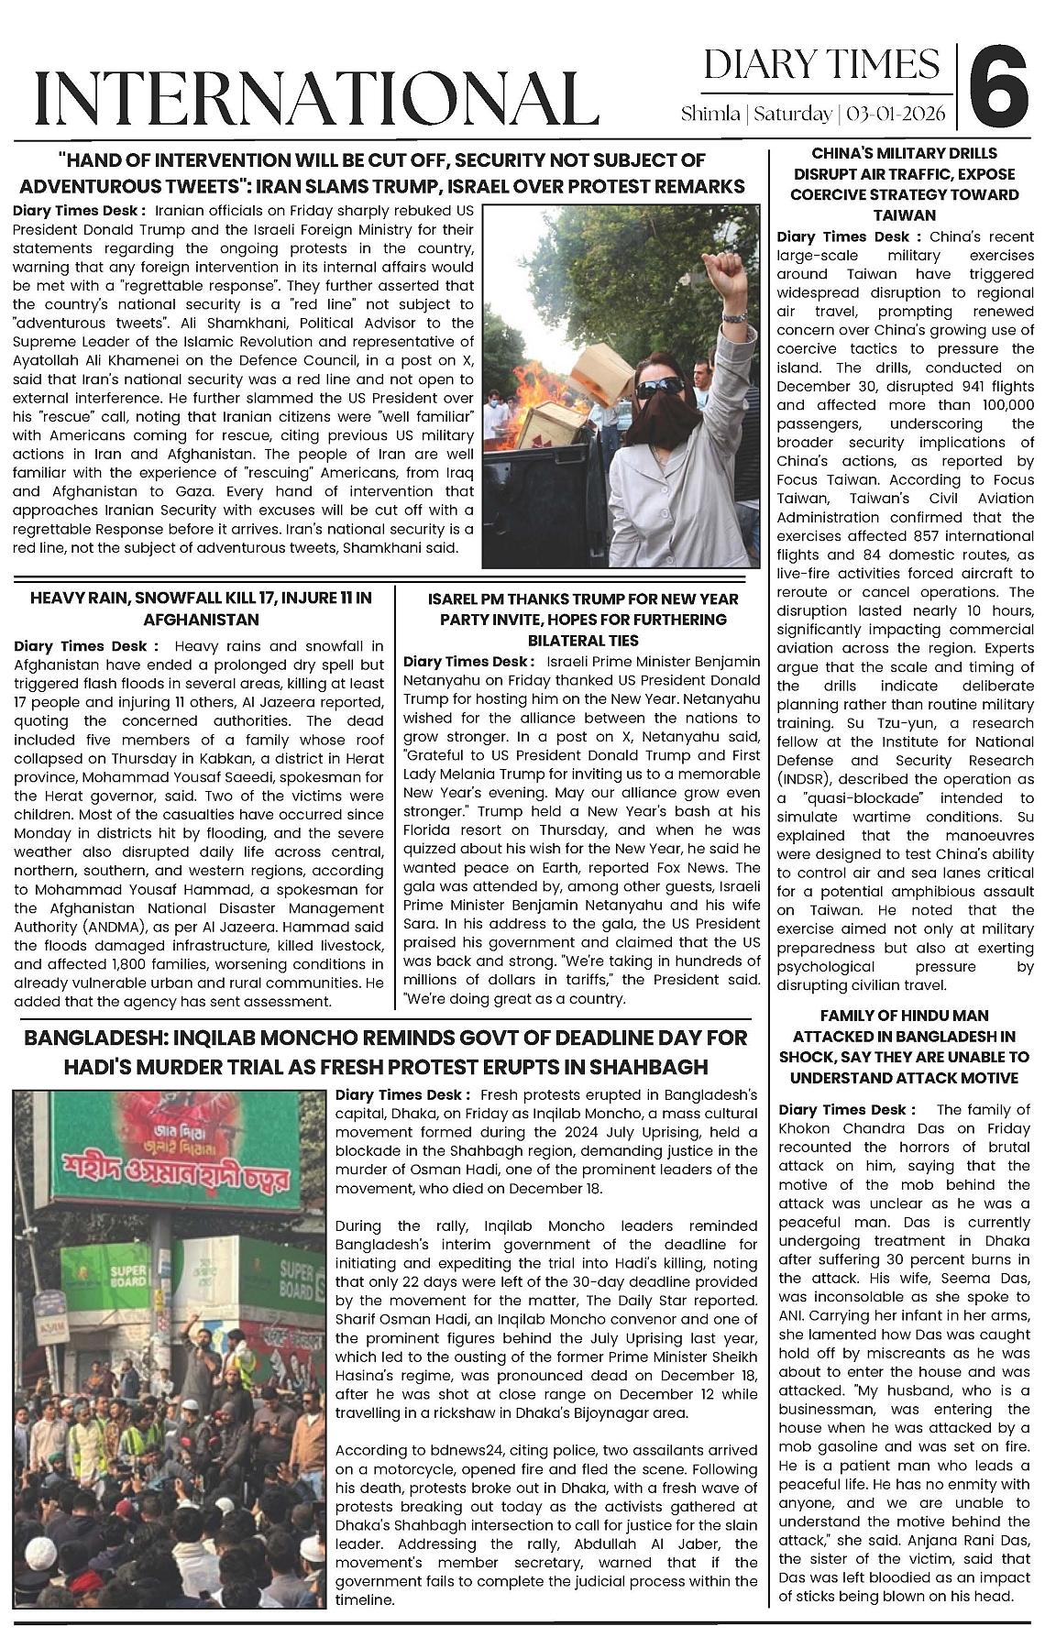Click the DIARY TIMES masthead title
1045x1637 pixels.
821,65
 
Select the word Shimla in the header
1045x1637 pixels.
710,115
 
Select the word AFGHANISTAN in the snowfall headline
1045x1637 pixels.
202,620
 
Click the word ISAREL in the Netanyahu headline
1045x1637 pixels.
456,599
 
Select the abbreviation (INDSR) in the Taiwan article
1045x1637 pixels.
803,779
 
